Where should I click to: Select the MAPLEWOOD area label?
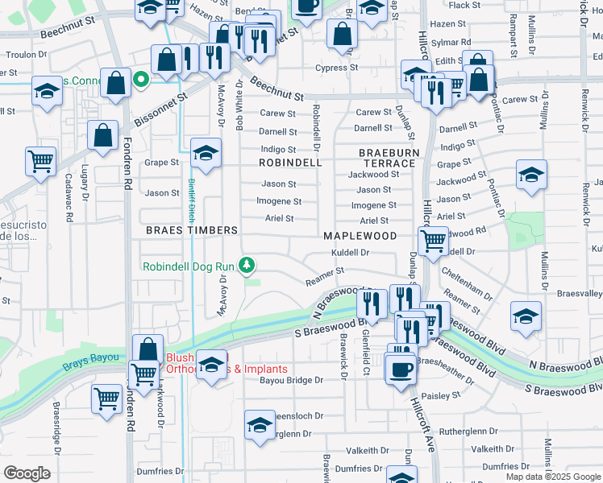tap(360, 236)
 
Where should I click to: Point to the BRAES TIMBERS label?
tap(192, 230)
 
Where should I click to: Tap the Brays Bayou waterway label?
tap(91, 357)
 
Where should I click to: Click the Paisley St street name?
tap(440, 395)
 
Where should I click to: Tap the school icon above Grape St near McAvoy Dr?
tap(206, 153)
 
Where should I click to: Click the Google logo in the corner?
tap(27, 473)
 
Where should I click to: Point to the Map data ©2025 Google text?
tap(552, 477)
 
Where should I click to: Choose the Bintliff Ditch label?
tap(193, 201)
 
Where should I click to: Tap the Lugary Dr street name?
tap(85, 184)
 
